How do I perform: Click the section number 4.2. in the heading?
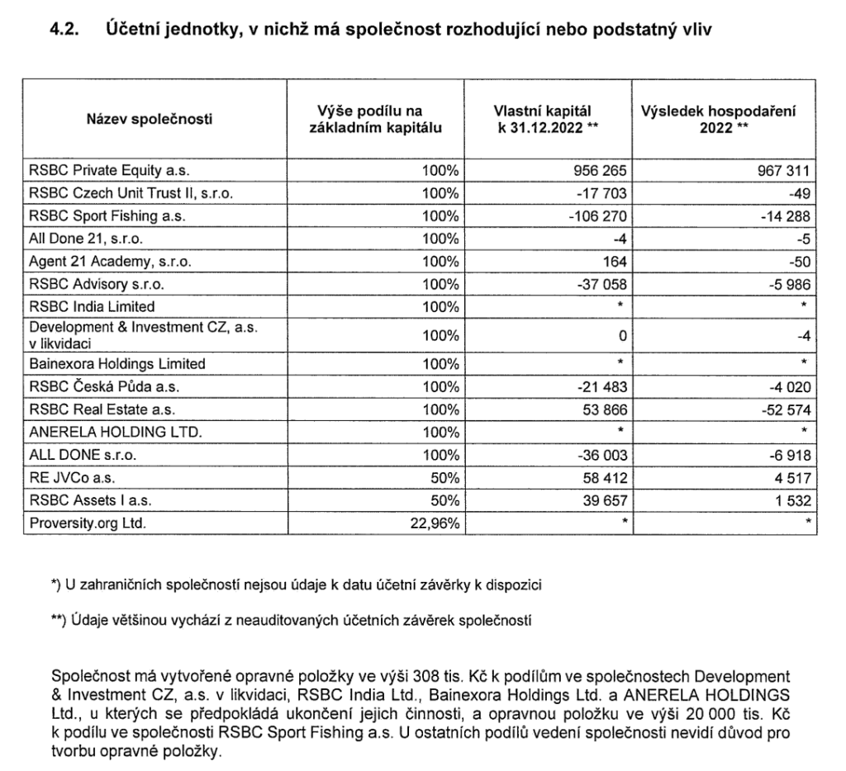[x=69, y=30]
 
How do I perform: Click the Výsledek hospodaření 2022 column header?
[x=725, y=120]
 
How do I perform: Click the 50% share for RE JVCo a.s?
[x=444, y=476]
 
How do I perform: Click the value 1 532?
[x=788, y=499]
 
